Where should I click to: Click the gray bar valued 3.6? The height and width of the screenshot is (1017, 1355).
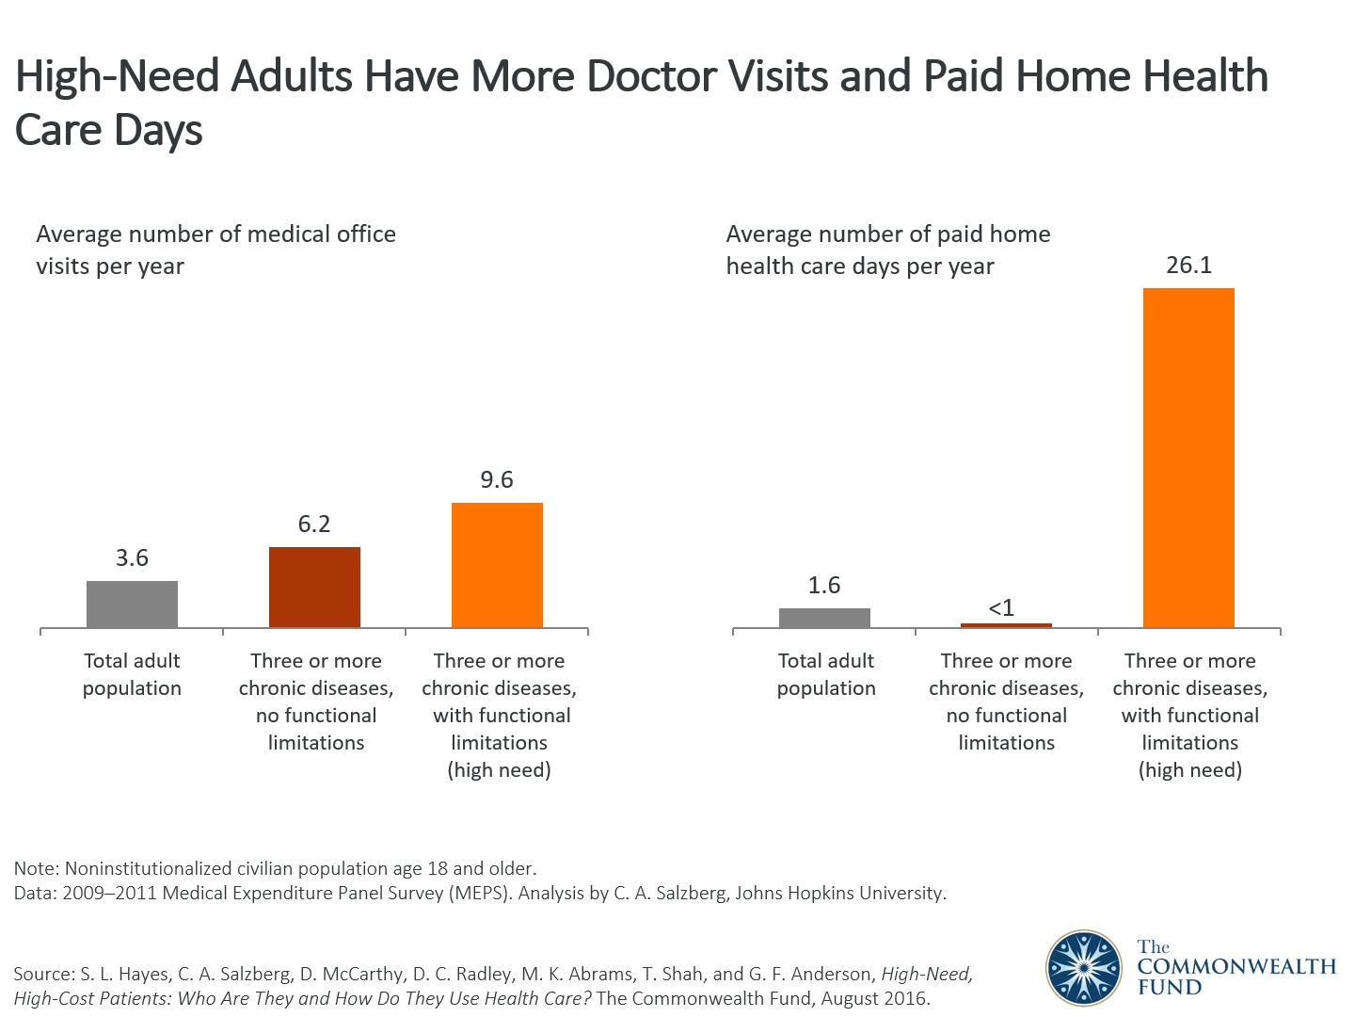[x=132, y=605]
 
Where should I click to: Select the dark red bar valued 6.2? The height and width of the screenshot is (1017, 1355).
[x=314, y=588]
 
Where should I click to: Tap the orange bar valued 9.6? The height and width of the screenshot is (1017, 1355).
[x=497, y=565]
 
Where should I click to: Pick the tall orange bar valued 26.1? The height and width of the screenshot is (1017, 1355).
[x=1188, y=458]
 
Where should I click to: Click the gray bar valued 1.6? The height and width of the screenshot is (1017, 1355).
[x=824, y=618]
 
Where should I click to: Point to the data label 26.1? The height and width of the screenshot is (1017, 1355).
[x=1188, y=266]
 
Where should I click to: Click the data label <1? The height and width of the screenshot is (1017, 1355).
[x=1001, y=608]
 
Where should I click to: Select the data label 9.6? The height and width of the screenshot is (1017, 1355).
[x=497, y=480]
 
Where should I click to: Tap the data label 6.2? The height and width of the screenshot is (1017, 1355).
[x=314, y=525]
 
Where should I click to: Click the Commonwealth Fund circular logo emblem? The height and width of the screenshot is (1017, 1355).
[x=1084, y=968]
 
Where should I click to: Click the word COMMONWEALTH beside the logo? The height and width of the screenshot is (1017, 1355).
[x=1236, y=967]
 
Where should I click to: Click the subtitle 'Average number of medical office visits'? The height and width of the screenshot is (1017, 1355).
[x=215, y=234]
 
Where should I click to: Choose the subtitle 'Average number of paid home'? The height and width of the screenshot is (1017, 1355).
[x=888, y=234]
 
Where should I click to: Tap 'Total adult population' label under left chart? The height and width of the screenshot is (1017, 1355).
[x=132, y=674]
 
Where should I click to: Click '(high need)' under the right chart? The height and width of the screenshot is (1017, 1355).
[x=1190, y=770]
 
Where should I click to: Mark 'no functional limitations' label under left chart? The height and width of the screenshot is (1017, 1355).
[x=316, y=729]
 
